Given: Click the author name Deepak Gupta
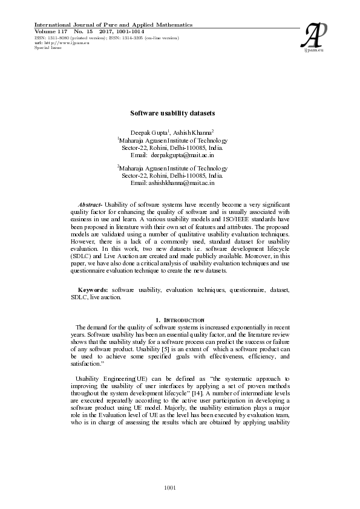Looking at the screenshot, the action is [x=148, y=132].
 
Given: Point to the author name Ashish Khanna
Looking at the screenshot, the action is [x=192, y=132].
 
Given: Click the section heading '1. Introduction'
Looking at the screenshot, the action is [x=180, y=319].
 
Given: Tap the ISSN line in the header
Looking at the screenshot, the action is [x=106, y=37].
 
